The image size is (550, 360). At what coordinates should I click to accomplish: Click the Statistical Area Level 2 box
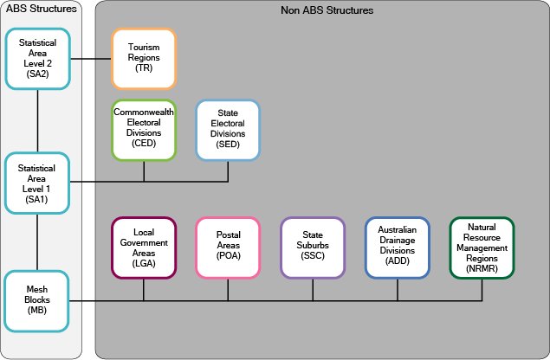[37, 59]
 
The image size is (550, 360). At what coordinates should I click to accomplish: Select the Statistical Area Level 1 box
[37, 182]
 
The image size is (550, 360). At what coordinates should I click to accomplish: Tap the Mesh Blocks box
[37, 299]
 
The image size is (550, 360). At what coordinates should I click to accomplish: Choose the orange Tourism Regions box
[144, 59]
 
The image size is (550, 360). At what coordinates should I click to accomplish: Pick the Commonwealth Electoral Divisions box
[144, 130]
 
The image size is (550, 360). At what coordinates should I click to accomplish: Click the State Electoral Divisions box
[228, 130]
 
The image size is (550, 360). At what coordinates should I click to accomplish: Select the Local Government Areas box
[144, 247]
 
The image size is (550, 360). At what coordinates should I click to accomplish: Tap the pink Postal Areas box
[228, 247]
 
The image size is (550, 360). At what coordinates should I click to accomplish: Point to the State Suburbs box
[313, 247]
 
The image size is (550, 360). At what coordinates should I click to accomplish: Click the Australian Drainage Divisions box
[397, 247]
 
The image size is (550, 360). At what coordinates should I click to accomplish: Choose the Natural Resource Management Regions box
[482, 247]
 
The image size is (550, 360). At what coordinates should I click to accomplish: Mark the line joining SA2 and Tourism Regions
[91, 59]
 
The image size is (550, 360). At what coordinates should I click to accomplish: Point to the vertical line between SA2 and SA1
[37, 120]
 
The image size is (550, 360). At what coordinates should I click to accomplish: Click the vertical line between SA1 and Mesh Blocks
[37, 242]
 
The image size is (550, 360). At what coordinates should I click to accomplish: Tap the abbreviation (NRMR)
[482, 267]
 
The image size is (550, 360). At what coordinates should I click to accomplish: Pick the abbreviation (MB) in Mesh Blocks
[37, 309]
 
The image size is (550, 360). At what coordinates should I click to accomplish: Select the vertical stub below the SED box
[228, 171]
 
